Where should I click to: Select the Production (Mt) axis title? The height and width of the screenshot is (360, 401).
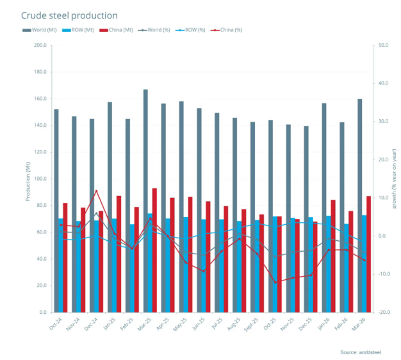click(29, 179)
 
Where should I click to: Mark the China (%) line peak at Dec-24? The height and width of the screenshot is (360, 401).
click(96, 191)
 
